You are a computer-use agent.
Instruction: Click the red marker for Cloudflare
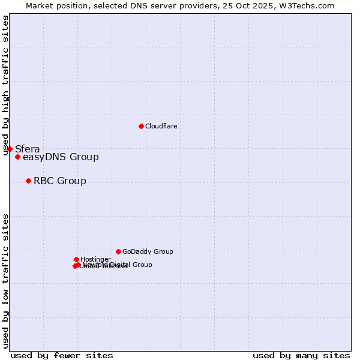(x=141, y=126)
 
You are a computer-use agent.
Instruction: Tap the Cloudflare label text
(x=161, y=126)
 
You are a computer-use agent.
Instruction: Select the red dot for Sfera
(x=10, y=149)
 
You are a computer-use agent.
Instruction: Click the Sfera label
(x=28, y=149)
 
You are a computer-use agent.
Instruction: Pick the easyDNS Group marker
(x=17, y=157)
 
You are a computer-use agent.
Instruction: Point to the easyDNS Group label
(x=61, y=157)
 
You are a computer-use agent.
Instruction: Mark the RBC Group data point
(x=28, y=181)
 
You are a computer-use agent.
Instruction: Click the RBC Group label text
(x=60, y=181)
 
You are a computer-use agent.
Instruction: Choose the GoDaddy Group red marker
(x=118, y=251)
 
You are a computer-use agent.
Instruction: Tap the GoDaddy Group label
(x=148, y=251)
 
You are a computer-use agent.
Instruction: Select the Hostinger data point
(x=76, y=259)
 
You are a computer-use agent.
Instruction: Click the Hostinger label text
(x=95, y=259)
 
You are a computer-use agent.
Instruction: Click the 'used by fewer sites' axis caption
(x=62, y=355)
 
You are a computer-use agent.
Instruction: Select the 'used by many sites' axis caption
(x=301, y=355)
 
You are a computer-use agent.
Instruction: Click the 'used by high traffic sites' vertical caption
(x=6, y=85)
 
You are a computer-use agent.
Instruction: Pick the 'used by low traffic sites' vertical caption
(x=6, y=281)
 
